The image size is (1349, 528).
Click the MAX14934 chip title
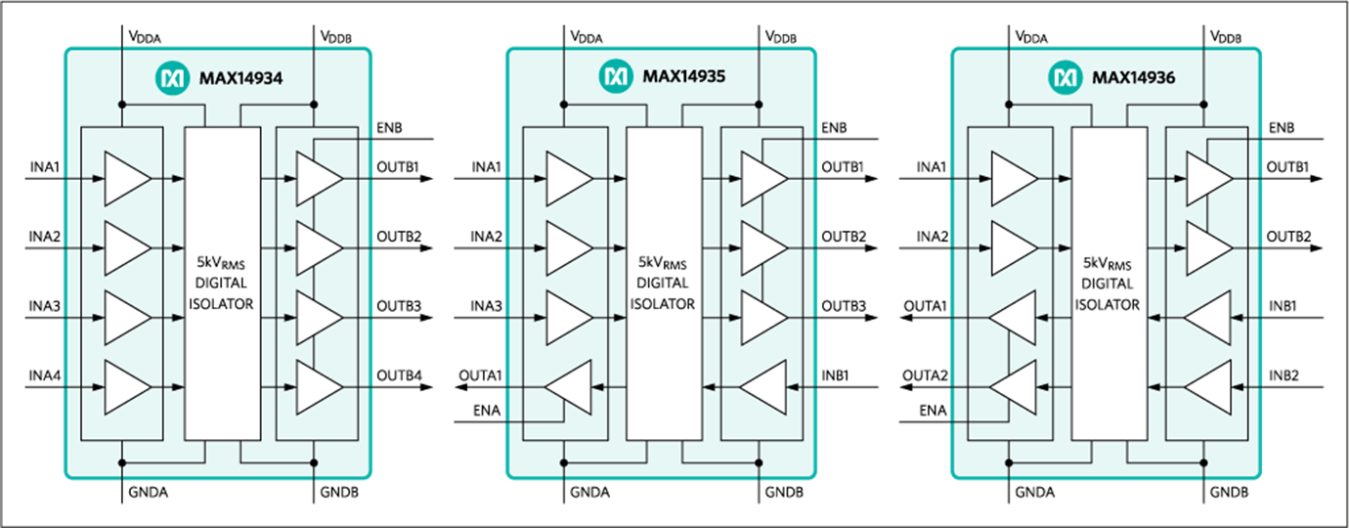tap(240, 78)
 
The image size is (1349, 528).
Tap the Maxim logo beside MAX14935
tap(616, 76)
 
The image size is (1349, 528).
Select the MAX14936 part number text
tap(1133, 77)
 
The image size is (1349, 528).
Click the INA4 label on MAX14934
tap(45, 375)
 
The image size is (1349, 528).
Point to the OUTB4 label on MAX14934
tap(399, 375)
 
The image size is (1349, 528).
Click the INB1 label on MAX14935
tap(835, 375)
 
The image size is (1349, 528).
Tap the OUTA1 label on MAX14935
tap(480, 375)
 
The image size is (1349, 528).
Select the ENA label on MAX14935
tap(487, 411)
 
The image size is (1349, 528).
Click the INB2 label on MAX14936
tap(1284, 375)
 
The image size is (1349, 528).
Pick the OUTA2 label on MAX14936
tap(925, 375)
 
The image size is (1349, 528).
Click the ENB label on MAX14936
tap(1282, 128)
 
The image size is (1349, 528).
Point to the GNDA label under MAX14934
tap(149, 493)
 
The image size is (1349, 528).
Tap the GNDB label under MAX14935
tap(784, 493)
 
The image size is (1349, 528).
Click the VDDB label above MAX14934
tap(335, 37)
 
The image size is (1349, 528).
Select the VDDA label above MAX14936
tap(1031, 37)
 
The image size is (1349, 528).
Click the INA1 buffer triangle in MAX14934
tap(127, 179)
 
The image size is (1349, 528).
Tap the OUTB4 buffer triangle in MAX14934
tap(320, 387)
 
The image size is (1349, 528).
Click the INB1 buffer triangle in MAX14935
tap(763, 387)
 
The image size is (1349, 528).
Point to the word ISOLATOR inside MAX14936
tap(1108, 305)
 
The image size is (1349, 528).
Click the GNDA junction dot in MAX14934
tap(122, 463)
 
